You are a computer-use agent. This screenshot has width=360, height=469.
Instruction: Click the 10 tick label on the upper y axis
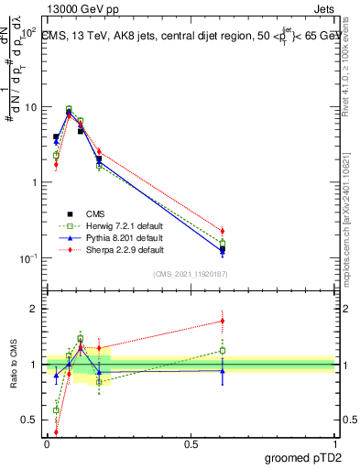coord(30,107)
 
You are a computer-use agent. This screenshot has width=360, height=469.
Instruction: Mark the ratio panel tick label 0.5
coord(30,420)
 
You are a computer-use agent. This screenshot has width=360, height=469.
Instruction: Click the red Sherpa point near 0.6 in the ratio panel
coord(223,321)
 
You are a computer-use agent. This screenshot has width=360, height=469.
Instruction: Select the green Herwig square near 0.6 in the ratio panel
coord(223,350)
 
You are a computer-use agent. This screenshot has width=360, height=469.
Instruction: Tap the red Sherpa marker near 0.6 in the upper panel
coord(223,231)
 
